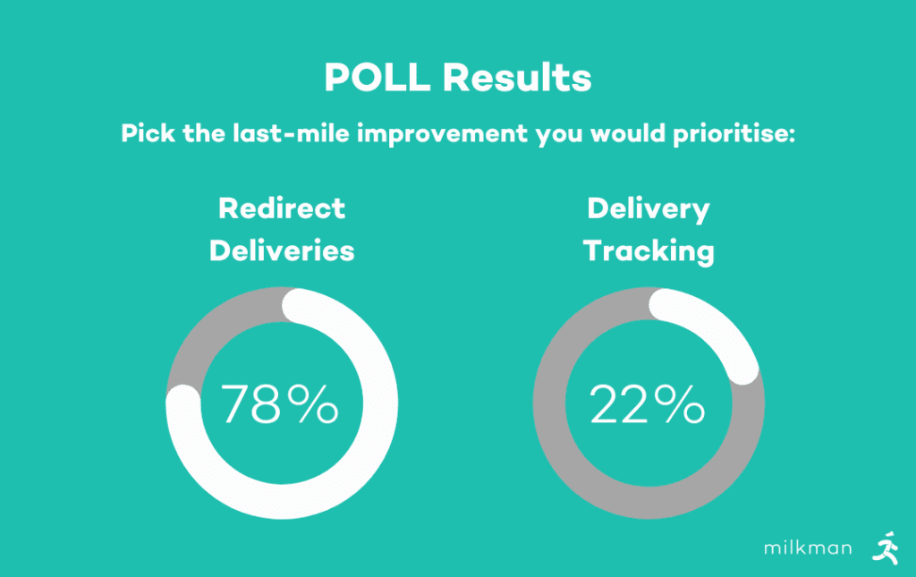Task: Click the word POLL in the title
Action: point(377,77)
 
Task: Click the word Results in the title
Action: point(517,77)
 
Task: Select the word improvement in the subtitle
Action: point(443,134)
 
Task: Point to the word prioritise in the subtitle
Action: point(734,134)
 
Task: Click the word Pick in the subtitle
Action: point(148,133)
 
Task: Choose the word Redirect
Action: point(282,208)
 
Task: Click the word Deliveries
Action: point(282,251)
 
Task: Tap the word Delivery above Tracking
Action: point(649,209)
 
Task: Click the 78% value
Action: point(279,403)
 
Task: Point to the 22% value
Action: point(648,403)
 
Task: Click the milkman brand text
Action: point(808,547)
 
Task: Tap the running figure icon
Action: point(886,547)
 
